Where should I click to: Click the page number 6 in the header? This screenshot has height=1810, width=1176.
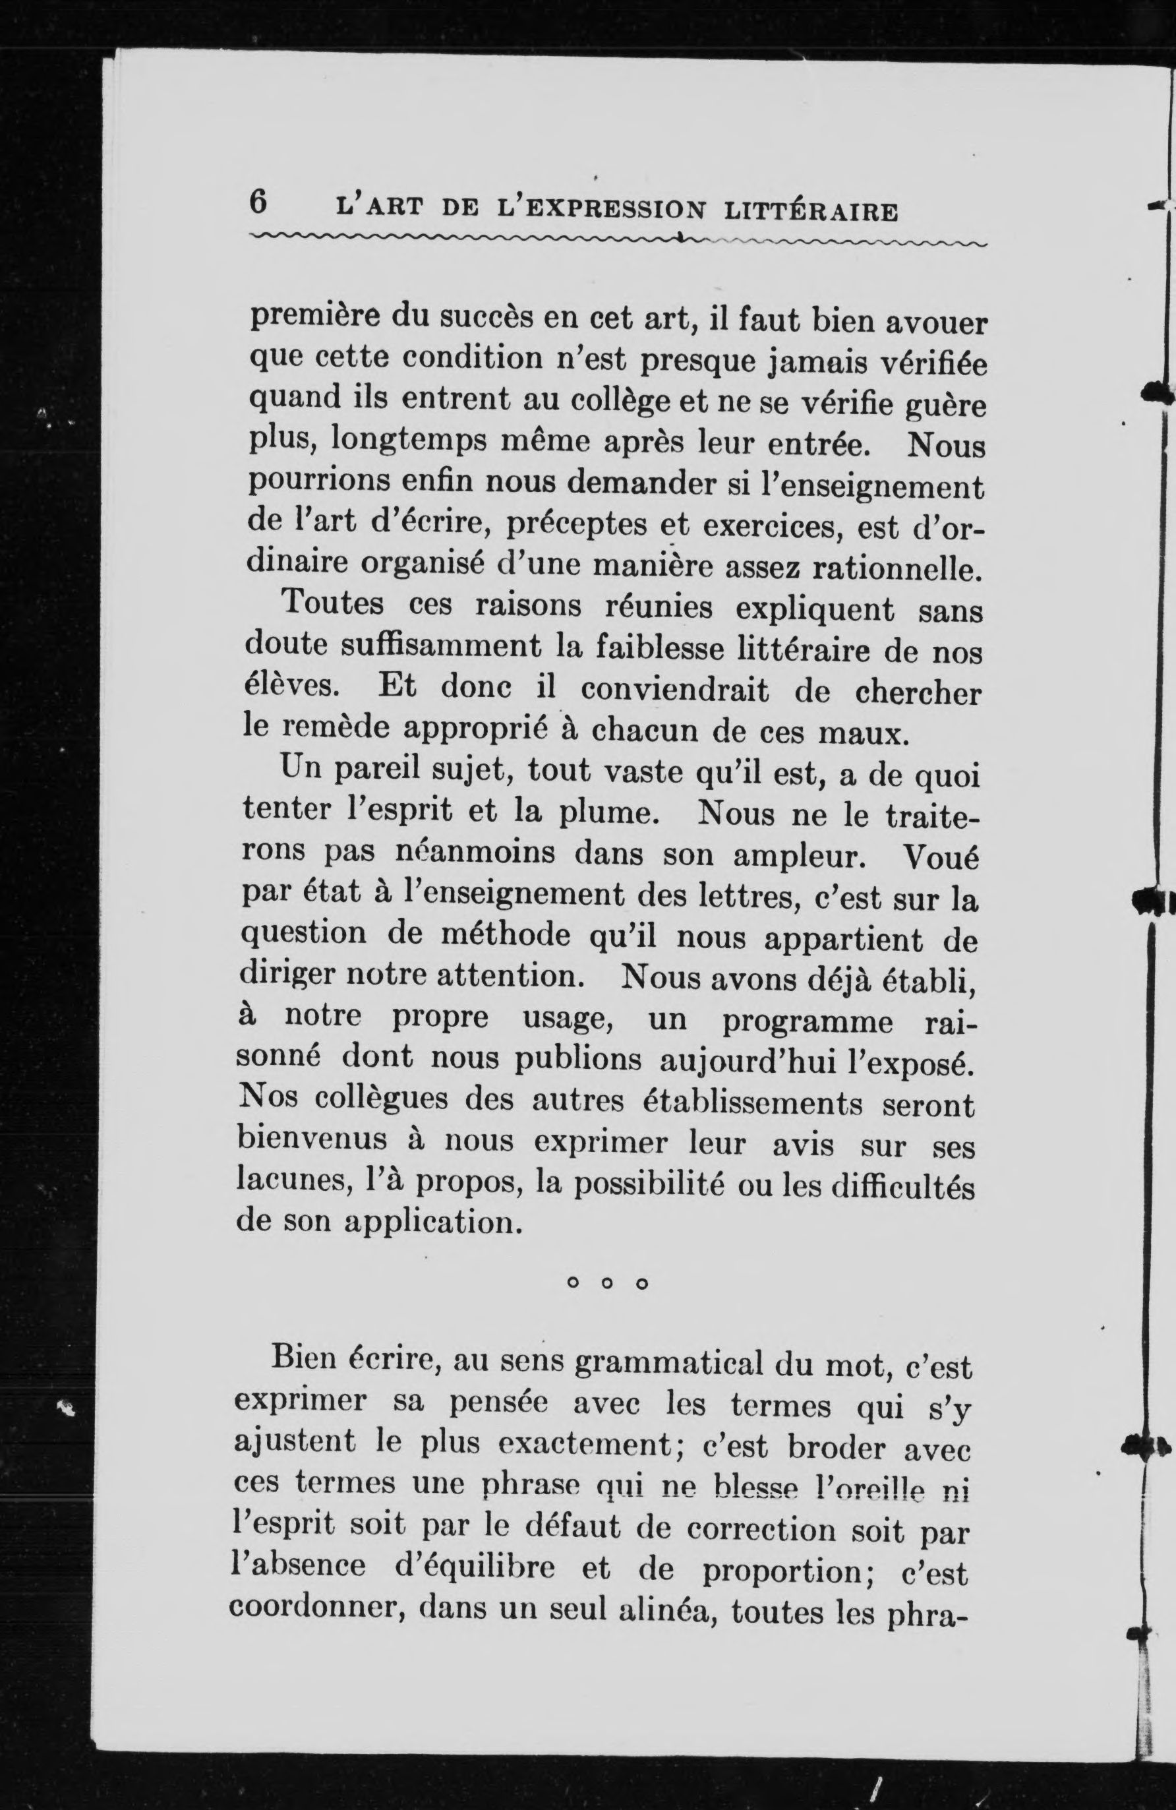(x=258, y=203)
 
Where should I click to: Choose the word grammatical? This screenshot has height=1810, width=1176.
(x=668, y=1364)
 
